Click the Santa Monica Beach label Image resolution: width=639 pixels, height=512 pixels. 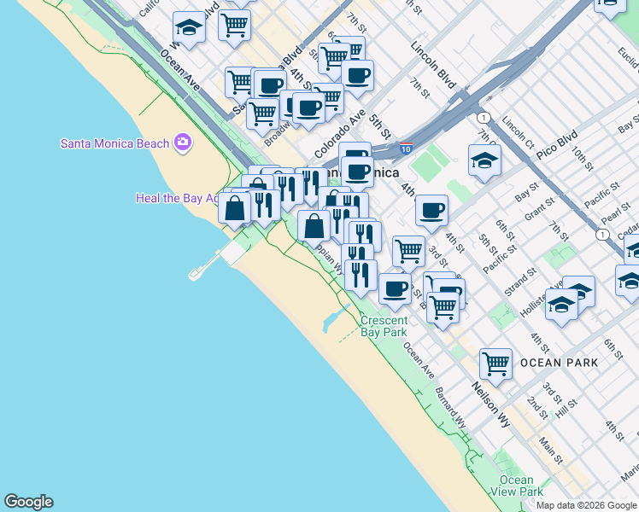pyautogui.click(x=114, y=143)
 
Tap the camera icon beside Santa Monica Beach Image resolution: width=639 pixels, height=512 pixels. pyautogui.click(x=182, y=143)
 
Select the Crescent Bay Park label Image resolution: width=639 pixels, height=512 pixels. pyautogui.click(x=384, y=326)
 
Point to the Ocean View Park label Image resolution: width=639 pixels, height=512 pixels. pyautogui.click(x=518, y=486)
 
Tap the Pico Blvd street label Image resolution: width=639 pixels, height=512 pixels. pyautogui.click(x=557, y=143)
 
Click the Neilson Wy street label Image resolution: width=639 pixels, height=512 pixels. pyautogui.click(x=491, y=405)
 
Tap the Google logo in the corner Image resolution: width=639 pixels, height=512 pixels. pyautogui.click(x=28, y=502)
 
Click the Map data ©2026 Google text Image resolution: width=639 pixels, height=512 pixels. pyautogui.click(x=586, y=505)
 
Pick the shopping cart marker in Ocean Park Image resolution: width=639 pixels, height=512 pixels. pyautogui.click(x=495, y=364)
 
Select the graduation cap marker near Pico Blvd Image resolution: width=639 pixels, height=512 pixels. pyautogui.click(x=484, y=160)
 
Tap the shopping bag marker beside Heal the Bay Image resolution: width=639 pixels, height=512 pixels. pyautogui.click(x=235, y=207)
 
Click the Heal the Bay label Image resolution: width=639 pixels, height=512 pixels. pyautogui.click(x=170, y=198)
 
